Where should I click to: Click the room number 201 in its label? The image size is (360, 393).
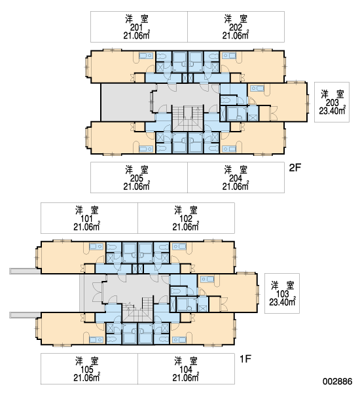[137, 28]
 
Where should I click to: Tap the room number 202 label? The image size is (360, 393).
[236, 28]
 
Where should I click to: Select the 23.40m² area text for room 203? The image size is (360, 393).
[333, 111]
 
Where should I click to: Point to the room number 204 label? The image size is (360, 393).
[236, 178]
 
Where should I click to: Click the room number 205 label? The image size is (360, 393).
[137, 178]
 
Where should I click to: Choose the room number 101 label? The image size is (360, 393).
[86, 219]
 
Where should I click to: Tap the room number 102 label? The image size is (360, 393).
[186, 219]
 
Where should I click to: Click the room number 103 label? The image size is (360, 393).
[282, 294]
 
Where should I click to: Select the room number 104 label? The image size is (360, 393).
[186, 369]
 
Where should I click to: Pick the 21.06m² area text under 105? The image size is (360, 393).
[86, 377]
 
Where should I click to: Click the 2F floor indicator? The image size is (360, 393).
[295, 168]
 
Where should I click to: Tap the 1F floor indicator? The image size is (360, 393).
[245, 359]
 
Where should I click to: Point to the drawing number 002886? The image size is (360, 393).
[338, 381]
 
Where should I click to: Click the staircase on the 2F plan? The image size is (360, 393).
[188, 118]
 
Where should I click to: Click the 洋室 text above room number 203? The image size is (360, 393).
[333, 94]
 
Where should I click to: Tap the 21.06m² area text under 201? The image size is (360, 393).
[137, 35]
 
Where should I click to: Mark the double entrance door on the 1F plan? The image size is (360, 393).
[98, 292]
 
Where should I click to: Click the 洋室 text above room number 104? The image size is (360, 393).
[186, 361]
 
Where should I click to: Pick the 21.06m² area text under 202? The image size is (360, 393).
[236, 35]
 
